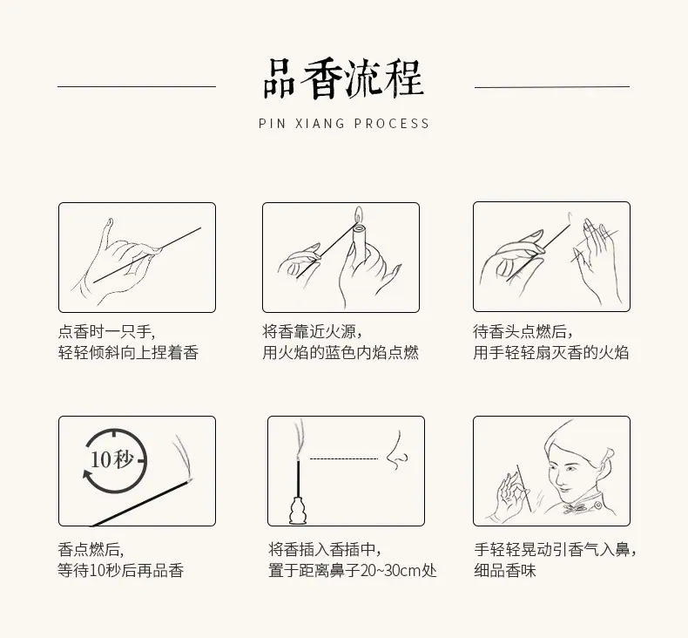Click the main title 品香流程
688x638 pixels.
(343, 79)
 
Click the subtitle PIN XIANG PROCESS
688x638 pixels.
(343, 124)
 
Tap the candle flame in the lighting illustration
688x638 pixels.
(359, 214)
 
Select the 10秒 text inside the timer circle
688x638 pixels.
(111, 459)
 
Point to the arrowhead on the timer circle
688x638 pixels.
(87, 475)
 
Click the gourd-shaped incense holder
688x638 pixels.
(299, 510)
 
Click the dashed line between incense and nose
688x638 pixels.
(343, 458)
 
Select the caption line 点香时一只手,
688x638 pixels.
(106, 331)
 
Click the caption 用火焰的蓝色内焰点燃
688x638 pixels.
(341, 353)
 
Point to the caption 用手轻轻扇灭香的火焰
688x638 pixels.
(551, 353)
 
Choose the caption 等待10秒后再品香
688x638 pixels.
(121, 570)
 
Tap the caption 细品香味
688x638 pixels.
(505, 570)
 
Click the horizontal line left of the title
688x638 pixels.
(137, 86)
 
